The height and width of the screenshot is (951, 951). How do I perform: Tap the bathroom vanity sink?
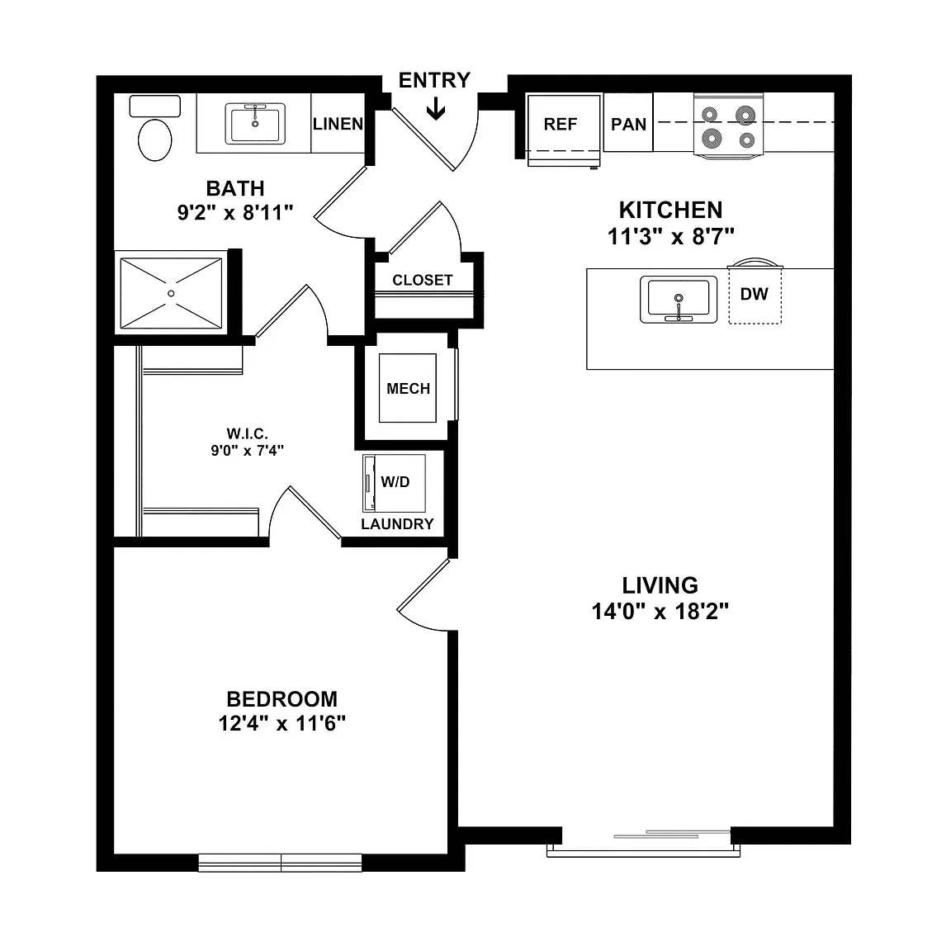pos(255,124)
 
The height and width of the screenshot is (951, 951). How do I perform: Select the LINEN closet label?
pos(338,124)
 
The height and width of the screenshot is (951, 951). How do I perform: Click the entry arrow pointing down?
pos(436,110)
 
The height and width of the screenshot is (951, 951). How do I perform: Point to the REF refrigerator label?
pos(561,125)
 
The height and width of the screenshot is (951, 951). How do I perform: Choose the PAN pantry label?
pos(628,125)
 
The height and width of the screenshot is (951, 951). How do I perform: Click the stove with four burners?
pos(728,127)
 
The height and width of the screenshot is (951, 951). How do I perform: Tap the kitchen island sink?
pos(679,300)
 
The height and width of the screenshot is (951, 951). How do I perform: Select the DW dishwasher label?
pos(754,294)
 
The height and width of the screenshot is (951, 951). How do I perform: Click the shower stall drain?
pos(171,294)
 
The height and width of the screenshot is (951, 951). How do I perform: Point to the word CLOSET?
pos(423,280)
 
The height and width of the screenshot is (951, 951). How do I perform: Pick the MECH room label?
pos(408,389)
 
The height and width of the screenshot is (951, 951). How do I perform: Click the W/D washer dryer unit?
pos(395,484)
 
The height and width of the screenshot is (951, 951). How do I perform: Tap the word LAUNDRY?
pos(397,524)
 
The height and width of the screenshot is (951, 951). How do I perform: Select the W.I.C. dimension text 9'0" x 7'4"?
pos(248,451)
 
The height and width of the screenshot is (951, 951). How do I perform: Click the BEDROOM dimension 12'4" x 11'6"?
pos(282,723)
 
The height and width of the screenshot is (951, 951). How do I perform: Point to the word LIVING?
pos(660,585)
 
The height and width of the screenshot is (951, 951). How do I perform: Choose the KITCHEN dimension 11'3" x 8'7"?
pos(671,237)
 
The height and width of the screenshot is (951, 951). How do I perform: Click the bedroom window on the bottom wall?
pos(280,863)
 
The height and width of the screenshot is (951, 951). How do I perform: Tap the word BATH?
pos(235,188)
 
